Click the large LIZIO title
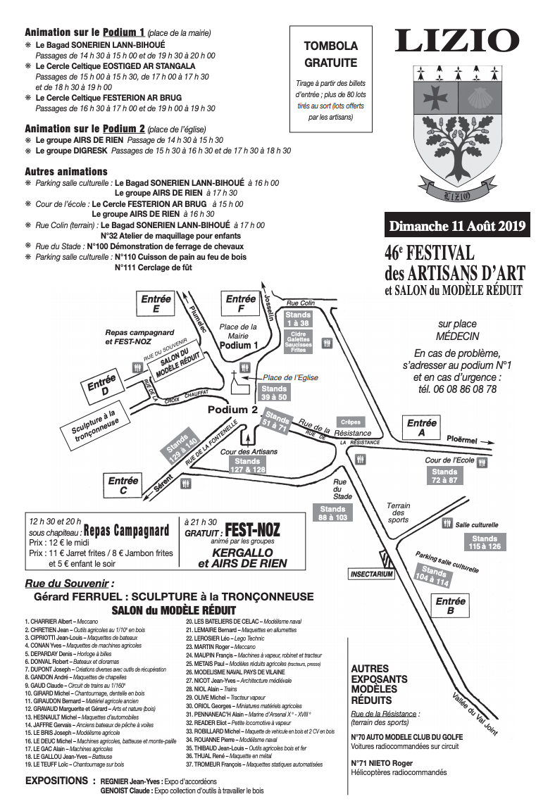(457, 41)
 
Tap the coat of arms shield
(457, 130)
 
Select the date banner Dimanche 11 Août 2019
(458, 226)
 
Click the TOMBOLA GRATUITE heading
(330, 54)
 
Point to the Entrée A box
(421, 428)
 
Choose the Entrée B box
(450, 606)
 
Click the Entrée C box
(123, 486)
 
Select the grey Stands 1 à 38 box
(298, 318)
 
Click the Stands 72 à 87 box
(444, 476)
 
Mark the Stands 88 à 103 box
(332, 513)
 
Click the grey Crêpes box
(350, 422)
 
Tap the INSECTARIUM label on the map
(371, 574)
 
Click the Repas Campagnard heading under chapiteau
(126, 530)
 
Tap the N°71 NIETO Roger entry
(382, 762)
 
